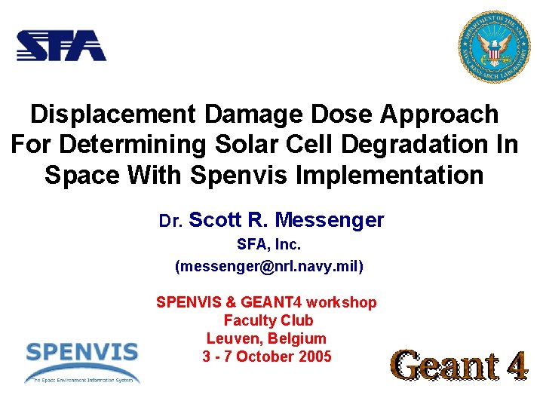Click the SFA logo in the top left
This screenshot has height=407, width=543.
(61, 45)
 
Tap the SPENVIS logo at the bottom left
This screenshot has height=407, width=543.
(81, 360)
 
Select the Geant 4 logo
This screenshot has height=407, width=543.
(460, 366)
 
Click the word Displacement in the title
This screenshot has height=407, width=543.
(112, 115)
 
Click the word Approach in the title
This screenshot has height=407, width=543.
(440, 115)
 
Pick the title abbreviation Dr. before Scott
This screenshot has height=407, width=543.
(169, 222)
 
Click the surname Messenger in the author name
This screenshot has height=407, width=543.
(330, 220)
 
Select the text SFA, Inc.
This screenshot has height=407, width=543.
(268, 246)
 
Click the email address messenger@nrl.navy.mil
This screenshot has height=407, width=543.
(268, 266)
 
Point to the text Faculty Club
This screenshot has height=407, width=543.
(268, 320)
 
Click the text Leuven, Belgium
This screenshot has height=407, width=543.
(266, 338)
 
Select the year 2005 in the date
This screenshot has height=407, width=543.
(314, 357)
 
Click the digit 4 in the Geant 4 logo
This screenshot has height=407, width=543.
(516, 366)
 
